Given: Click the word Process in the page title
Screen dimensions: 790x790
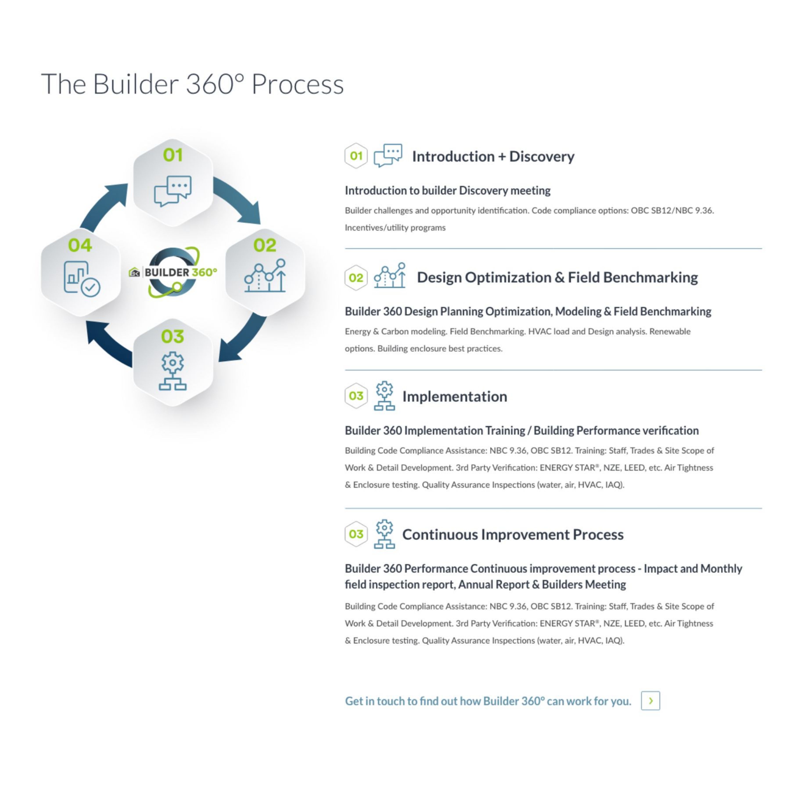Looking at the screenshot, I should pos(297,84).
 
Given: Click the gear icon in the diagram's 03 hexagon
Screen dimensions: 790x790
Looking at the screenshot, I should pos(172,370).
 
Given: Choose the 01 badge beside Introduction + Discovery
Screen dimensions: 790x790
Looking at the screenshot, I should pos(356,156).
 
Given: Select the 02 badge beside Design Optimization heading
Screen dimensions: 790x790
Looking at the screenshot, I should pos(356,278).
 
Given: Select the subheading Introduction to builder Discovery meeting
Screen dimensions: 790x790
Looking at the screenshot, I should pos(447,190).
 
